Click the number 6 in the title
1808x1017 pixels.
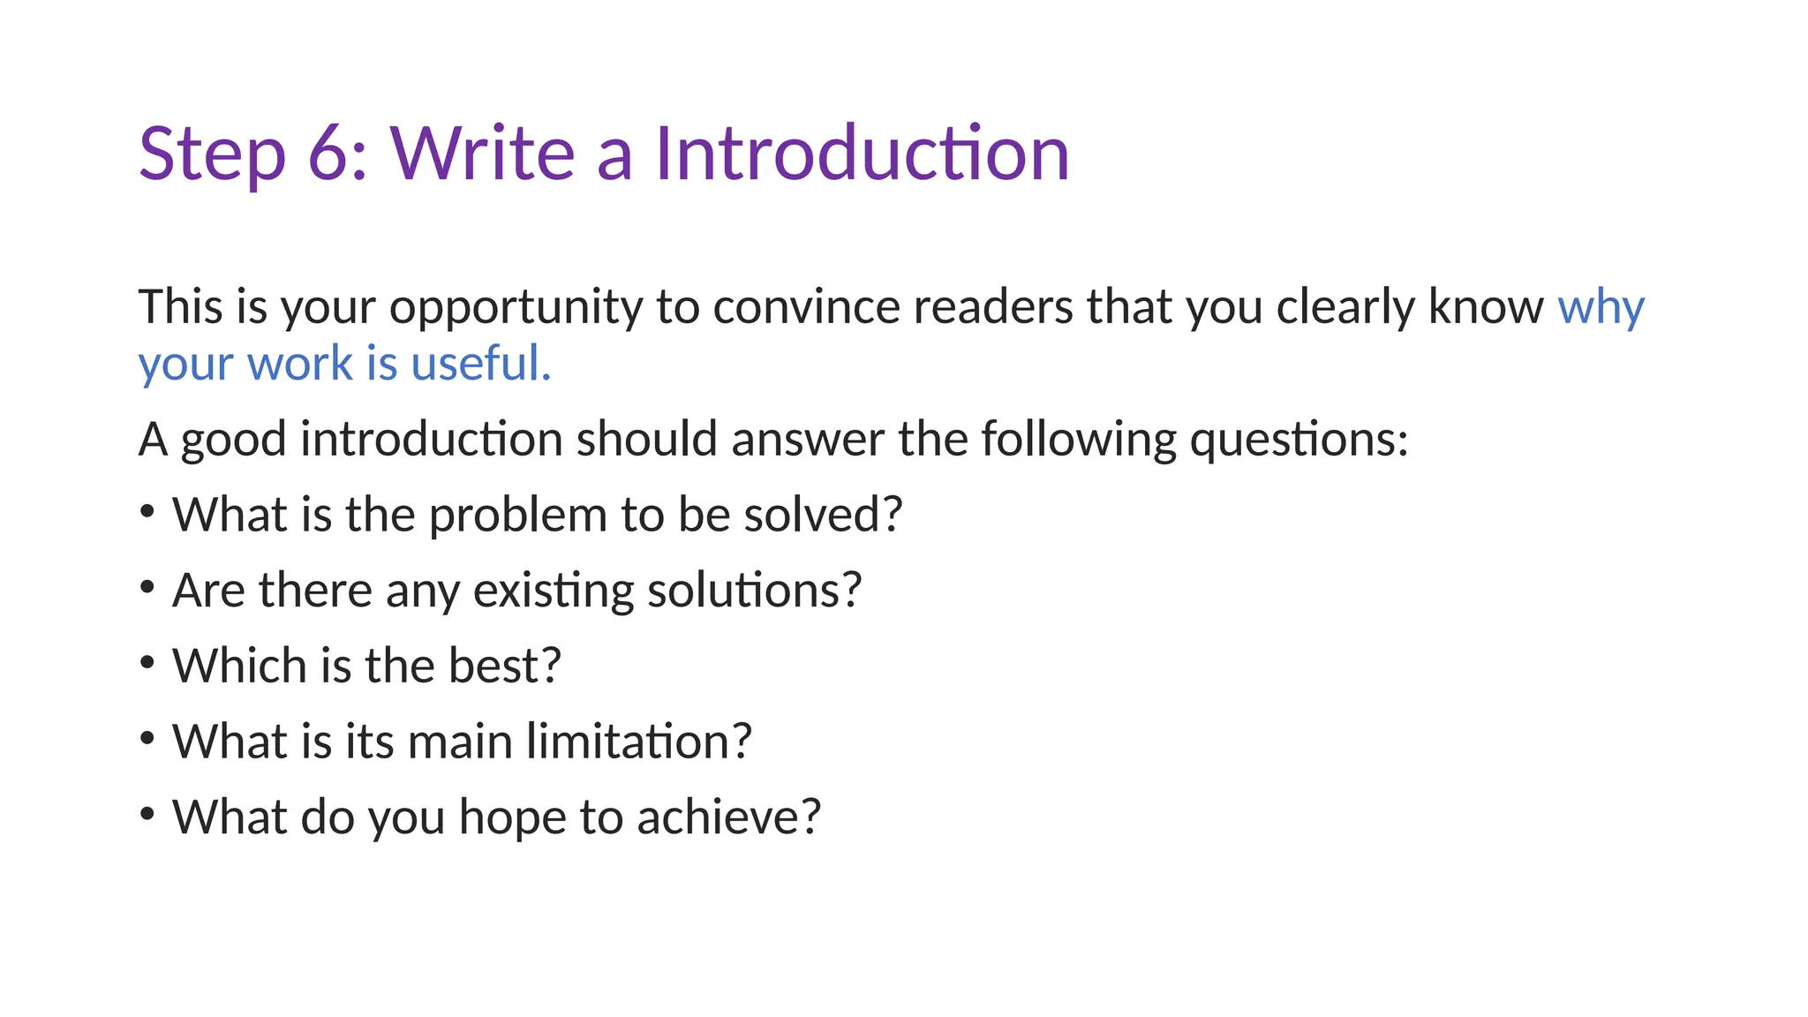click(330, 154)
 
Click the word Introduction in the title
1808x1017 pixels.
click(862, 154)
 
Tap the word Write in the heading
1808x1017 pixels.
click(483, 154)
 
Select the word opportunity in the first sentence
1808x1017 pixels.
click(516, 309)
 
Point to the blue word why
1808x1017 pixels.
click(1601, 309)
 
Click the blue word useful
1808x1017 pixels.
click(481, 364)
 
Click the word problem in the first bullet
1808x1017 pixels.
click(517, 516)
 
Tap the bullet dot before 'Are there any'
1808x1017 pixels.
click(147, 586)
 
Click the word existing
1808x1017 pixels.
click(553, 591)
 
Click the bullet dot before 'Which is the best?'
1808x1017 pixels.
click(147, 661)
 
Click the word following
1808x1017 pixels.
click(1078, 440)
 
